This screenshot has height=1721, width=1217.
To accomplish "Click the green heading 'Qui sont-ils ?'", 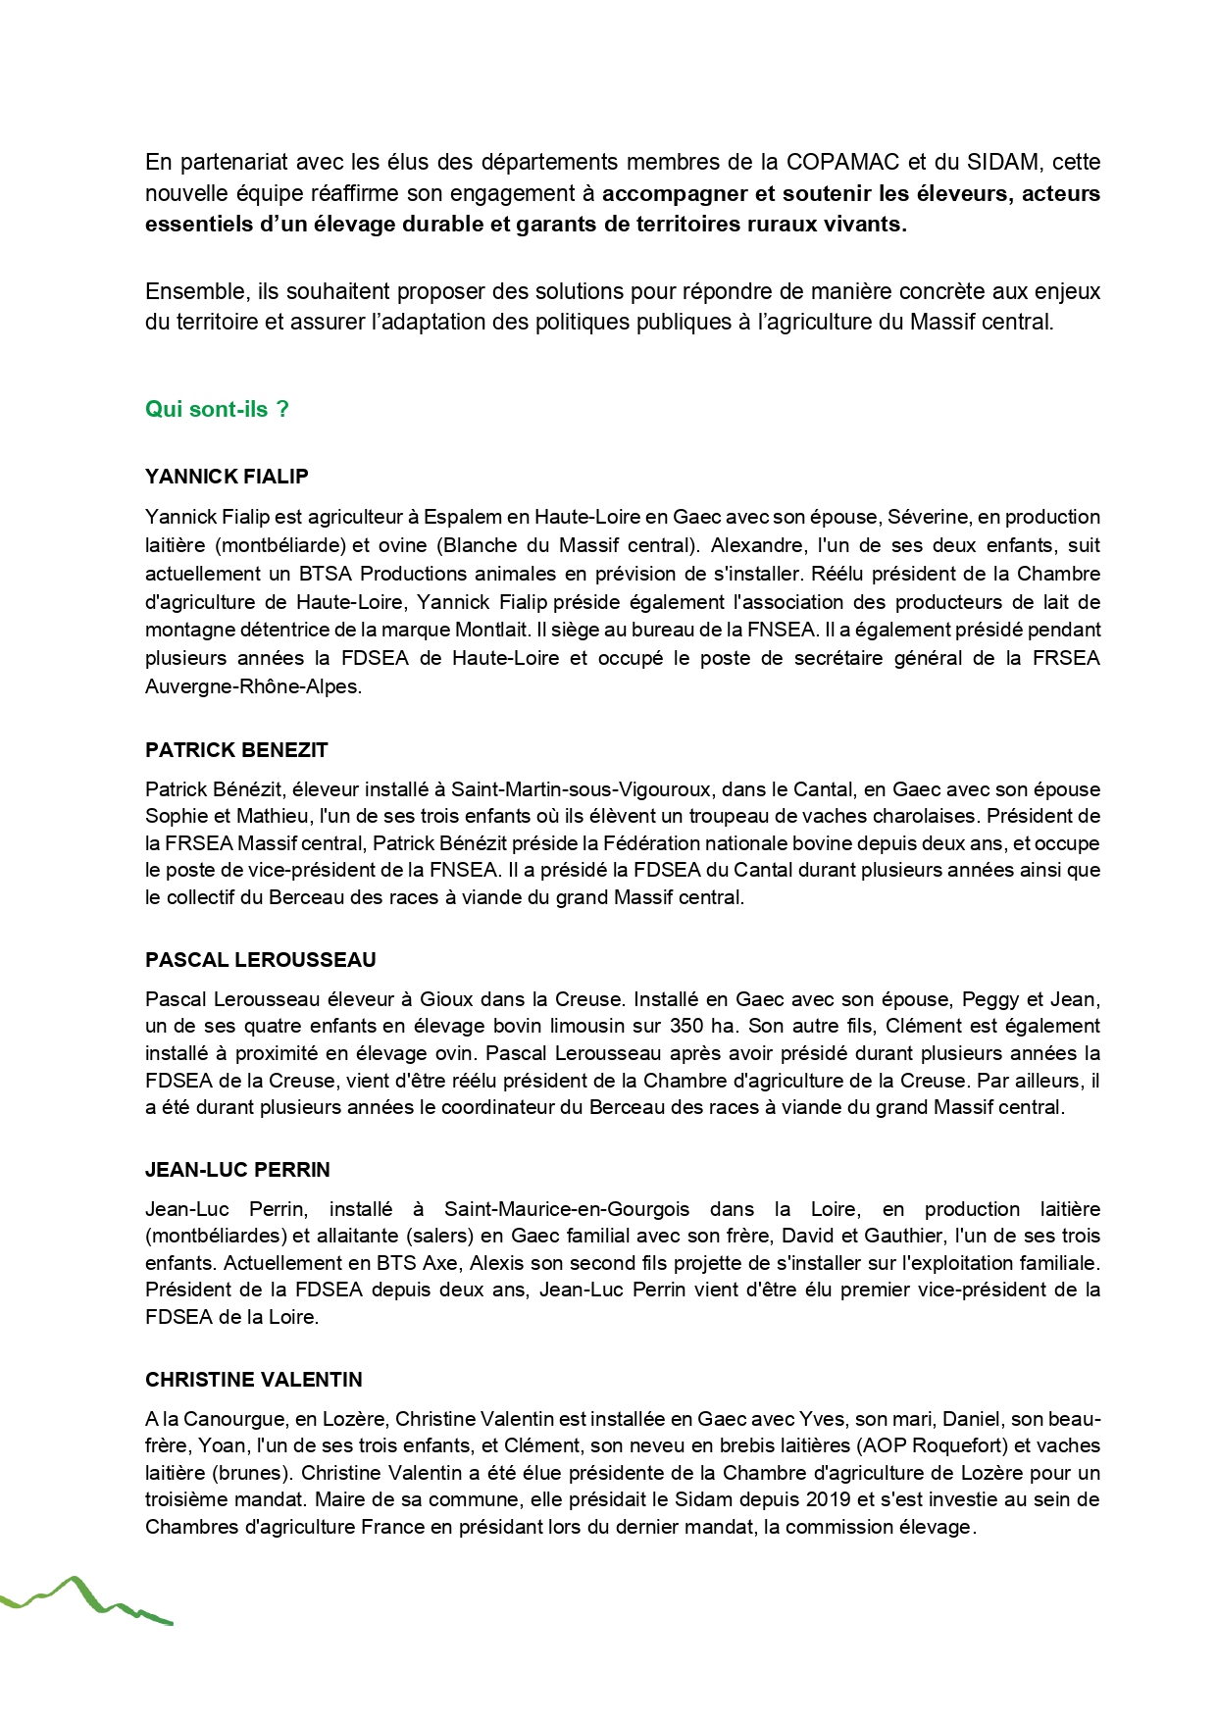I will [217, 410].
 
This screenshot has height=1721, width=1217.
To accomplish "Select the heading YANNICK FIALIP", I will [227, 478].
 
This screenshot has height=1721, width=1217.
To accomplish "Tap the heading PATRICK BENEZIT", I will [236, 750].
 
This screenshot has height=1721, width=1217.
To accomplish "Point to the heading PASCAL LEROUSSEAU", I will [261, 960].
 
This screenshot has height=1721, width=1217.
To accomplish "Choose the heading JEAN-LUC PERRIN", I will [237, 1170].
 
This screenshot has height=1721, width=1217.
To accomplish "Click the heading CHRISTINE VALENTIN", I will [254, 1380].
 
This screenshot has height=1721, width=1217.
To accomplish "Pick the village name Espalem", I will [460, 517].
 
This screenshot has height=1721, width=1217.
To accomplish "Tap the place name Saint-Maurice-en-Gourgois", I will [567, 1209].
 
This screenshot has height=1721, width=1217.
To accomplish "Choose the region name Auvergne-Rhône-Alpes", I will [251, 687].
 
